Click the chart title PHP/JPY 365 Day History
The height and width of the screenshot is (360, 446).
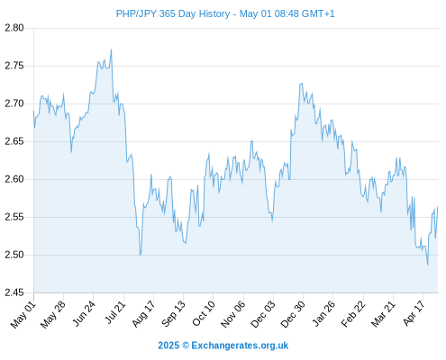173,13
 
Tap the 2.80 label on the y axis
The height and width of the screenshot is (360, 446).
14,28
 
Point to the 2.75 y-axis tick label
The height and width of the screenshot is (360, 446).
14,66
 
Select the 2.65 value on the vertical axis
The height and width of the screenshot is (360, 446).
14,141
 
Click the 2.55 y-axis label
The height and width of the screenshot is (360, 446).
14,217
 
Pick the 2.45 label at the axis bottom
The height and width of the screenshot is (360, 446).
14,292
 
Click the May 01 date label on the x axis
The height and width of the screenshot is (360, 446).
23,314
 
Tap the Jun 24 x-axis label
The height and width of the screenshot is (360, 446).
84,313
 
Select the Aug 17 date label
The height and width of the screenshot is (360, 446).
143,313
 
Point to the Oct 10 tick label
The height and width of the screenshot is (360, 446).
204,313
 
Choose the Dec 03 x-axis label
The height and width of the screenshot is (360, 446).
263,314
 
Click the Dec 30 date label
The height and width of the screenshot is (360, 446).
293,314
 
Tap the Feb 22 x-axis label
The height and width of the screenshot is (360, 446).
353,313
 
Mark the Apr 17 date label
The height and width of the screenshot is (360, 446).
414,313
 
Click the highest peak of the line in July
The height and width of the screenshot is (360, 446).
112,49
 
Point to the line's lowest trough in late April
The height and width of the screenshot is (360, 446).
428,265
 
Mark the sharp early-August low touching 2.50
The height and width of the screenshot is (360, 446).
141,255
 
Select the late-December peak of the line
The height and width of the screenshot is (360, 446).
302,84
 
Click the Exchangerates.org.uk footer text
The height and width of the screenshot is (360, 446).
240,346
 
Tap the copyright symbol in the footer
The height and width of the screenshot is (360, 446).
186,346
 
